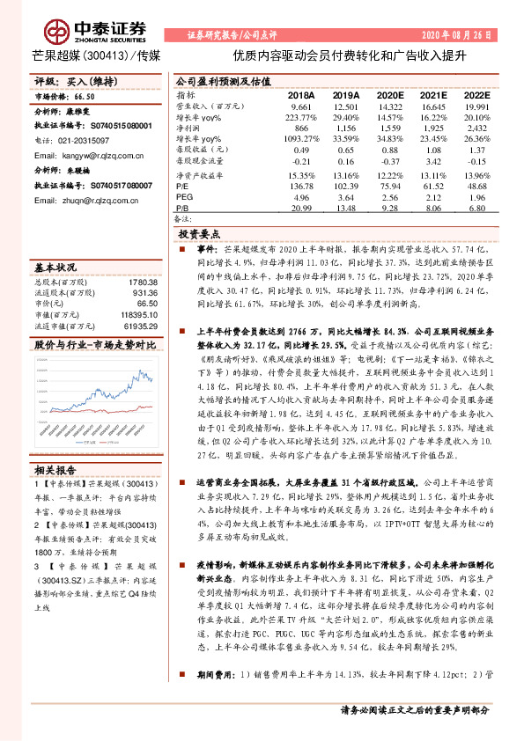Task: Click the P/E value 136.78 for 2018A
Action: (x=302, y=187)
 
